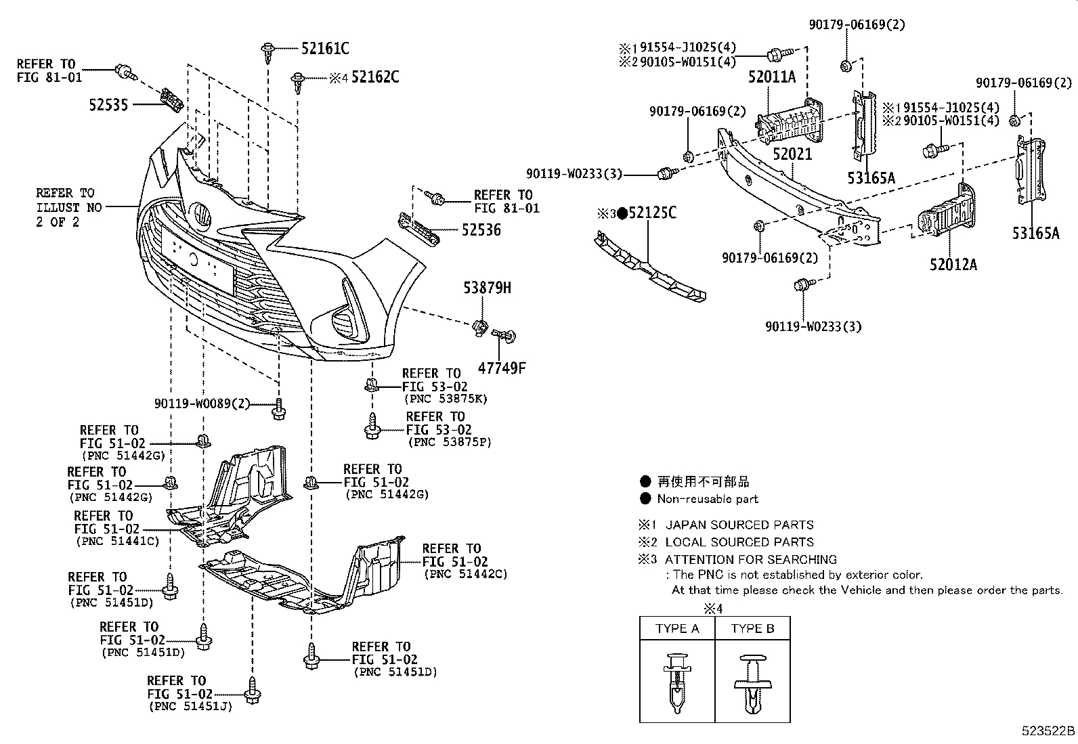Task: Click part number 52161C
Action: [325, 48]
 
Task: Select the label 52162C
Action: [374, 77]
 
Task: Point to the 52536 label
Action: [481, 230]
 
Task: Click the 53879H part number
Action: [487, 288]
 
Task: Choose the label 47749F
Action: [502, 368]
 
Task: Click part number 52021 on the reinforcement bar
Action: [792, 154]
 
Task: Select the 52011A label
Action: [771, 76]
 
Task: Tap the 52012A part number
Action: [953, 264]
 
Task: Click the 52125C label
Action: [651, 213]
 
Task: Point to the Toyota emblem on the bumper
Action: [201, 215]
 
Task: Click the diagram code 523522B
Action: [1048, 731]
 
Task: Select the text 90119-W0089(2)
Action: [202, 403]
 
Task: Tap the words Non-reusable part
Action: [708, 499]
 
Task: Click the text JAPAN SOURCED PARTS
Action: [739, 525]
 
